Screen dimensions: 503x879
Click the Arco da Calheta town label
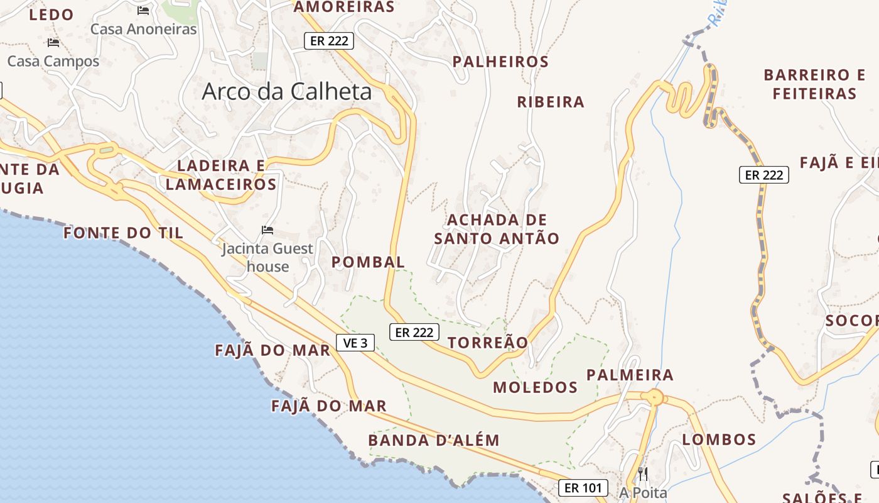click(286, 92)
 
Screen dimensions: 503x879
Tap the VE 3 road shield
click(355, 343)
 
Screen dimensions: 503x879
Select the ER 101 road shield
click(583, 487)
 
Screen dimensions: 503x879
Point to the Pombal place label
click(368, 262)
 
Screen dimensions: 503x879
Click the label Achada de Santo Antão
click(496, 229)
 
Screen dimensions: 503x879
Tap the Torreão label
click(488, 343)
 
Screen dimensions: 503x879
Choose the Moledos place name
click(535, 387)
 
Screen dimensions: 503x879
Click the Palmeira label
click(630, 375)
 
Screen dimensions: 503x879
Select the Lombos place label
click(719, 439)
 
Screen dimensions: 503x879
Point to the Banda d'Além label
click(434, 440)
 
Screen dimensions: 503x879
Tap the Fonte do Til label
click(123, 233)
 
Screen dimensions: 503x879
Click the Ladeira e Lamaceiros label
click(221, 175)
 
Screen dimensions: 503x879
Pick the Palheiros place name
click(500, 62)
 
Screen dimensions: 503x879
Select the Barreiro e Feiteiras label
click(814, 84)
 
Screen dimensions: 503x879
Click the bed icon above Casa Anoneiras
click(143, 11)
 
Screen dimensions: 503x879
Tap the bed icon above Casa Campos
click(53, 43)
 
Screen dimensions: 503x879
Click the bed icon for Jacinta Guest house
click(267, 230)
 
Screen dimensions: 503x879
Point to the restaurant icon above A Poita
click(642, 473)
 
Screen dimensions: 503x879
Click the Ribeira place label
click(551, 102)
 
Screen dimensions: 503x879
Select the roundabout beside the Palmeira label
click(655, 397)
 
